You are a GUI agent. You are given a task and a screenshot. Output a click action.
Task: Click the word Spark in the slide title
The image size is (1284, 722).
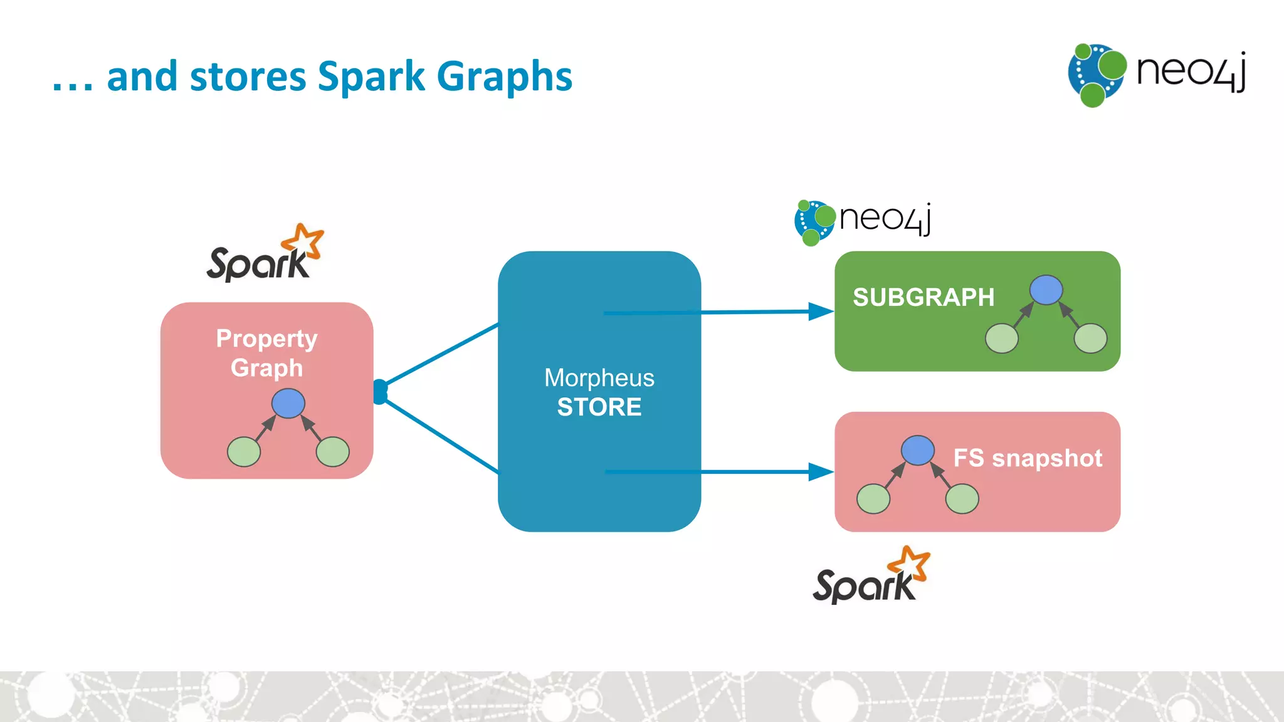point(371,77)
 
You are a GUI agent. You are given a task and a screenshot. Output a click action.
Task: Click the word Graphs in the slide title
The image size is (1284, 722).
point(504,77)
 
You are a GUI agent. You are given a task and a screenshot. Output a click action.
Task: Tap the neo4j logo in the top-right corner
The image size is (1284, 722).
point(1157,75)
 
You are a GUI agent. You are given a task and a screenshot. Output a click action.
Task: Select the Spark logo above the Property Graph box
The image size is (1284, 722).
point(265,254)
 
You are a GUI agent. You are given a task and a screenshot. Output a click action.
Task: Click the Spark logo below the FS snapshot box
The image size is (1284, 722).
point(871,576)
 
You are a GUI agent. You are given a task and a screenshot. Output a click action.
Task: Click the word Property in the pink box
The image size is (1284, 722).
point(266,339)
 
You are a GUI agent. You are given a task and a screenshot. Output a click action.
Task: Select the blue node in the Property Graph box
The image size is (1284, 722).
point(288,403)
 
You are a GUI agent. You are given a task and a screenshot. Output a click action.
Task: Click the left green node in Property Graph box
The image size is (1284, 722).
point(244,452)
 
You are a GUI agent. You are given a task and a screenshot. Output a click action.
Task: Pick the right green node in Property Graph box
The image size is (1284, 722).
point(333,452)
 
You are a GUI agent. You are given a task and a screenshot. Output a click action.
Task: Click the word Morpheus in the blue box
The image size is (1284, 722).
point(599,378)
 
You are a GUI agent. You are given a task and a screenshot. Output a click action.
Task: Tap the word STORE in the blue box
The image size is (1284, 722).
point(599,407)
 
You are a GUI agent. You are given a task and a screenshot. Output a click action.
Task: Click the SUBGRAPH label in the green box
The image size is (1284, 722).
point(923,298)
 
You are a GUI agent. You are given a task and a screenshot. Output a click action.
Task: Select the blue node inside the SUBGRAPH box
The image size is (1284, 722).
point(1046,290)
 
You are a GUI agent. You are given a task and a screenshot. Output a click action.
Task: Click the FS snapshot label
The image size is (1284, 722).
point(1028,458)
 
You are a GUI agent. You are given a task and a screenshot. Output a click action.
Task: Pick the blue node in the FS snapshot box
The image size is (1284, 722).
point(917,451)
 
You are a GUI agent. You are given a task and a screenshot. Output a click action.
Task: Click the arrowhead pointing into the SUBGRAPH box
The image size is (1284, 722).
point(821,311)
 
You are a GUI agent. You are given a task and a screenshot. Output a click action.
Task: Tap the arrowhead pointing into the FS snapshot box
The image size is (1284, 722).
point(821,472)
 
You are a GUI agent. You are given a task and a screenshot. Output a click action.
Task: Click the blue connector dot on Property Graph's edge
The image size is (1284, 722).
point(380,392)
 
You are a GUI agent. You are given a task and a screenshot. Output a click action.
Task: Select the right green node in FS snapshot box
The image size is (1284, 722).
point(962,500)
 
